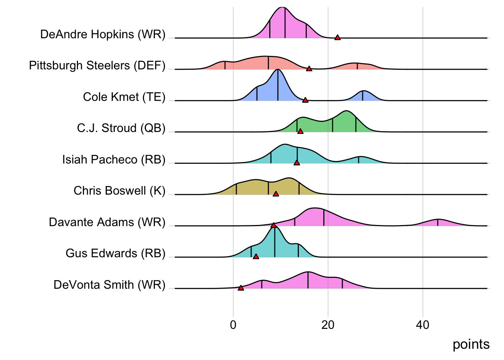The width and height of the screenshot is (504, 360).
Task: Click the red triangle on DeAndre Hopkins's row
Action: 337,37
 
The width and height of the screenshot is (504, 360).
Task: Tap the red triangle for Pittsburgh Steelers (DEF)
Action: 309,69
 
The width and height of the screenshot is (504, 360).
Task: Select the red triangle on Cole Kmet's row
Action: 305,100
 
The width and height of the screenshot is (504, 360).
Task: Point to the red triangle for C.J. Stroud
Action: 300,131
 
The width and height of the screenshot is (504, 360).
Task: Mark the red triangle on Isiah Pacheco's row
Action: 297,163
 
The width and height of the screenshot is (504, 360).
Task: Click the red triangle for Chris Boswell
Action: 276,194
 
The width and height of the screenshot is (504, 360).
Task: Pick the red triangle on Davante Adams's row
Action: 273,225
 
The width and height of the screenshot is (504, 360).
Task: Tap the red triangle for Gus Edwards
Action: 256,256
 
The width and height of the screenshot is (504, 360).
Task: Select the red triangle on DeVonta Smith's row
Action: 241,288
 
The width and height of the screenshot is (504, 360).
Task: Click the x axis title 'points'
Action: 471,344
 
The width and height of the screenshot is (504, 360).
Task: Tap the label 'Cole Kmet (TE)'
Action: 124,97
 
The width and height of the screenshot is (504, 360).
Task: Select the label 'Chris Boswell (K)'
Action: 119,190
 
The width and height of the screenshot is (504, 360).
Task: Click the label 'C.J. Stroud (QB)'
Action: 121,128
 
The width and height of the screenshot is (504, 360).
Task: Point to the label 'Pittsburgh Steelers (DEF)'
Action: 97,66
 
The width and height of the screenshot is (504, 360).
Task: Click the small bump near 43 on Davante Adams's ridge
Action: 438,222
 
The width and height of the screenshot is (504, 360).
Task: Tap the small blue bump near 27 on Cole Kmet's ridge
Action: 363,96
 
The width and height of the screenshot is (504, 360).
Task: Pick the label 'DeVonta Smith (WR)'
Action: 109,285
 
